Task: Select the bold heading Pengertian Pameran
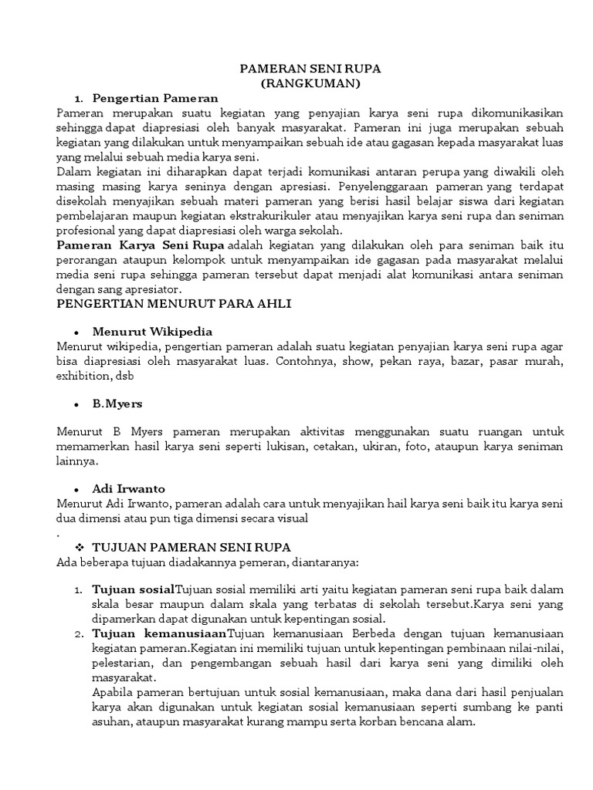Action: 155,98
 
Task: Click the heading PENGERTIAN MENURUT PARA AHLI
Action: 175,304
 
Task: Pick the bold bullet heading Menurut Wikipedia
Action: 152,332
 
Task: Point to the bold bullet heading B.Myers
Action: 117,403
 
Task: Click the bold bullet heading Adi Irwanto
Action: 129,489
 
